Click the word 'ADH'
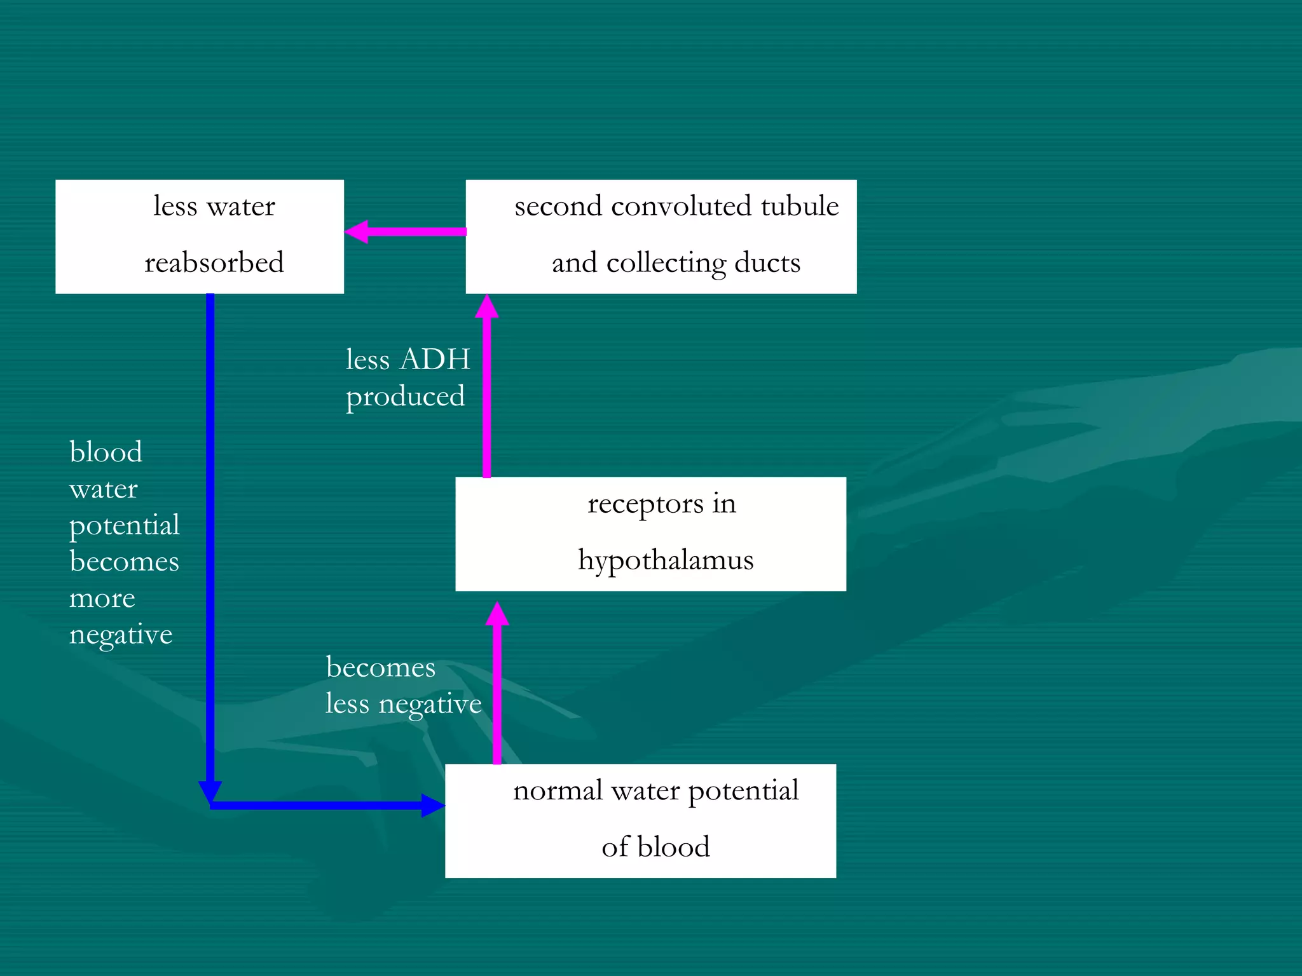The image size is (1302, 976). (435, 360)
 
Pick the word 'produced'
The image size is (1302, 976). (405, 397)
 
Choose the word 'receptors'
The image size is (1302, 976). (645, 505)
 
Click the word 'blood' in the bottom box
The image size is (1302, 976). (673, 848)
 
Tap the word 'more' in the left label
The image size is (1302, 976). (102, 599)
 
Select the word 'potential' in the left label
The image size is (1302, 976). (124, 525)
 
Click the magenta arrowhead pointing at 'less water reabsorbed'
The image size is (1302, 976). (357, 232)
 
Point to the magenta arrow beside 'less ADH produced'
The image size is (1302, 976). (487, 388)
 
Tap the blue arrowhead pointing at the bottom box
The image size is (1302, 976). (433, 806)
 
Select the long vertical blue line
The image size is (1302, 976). (210, 540)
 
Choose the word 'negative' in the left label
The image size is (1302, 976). (121, 635)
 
